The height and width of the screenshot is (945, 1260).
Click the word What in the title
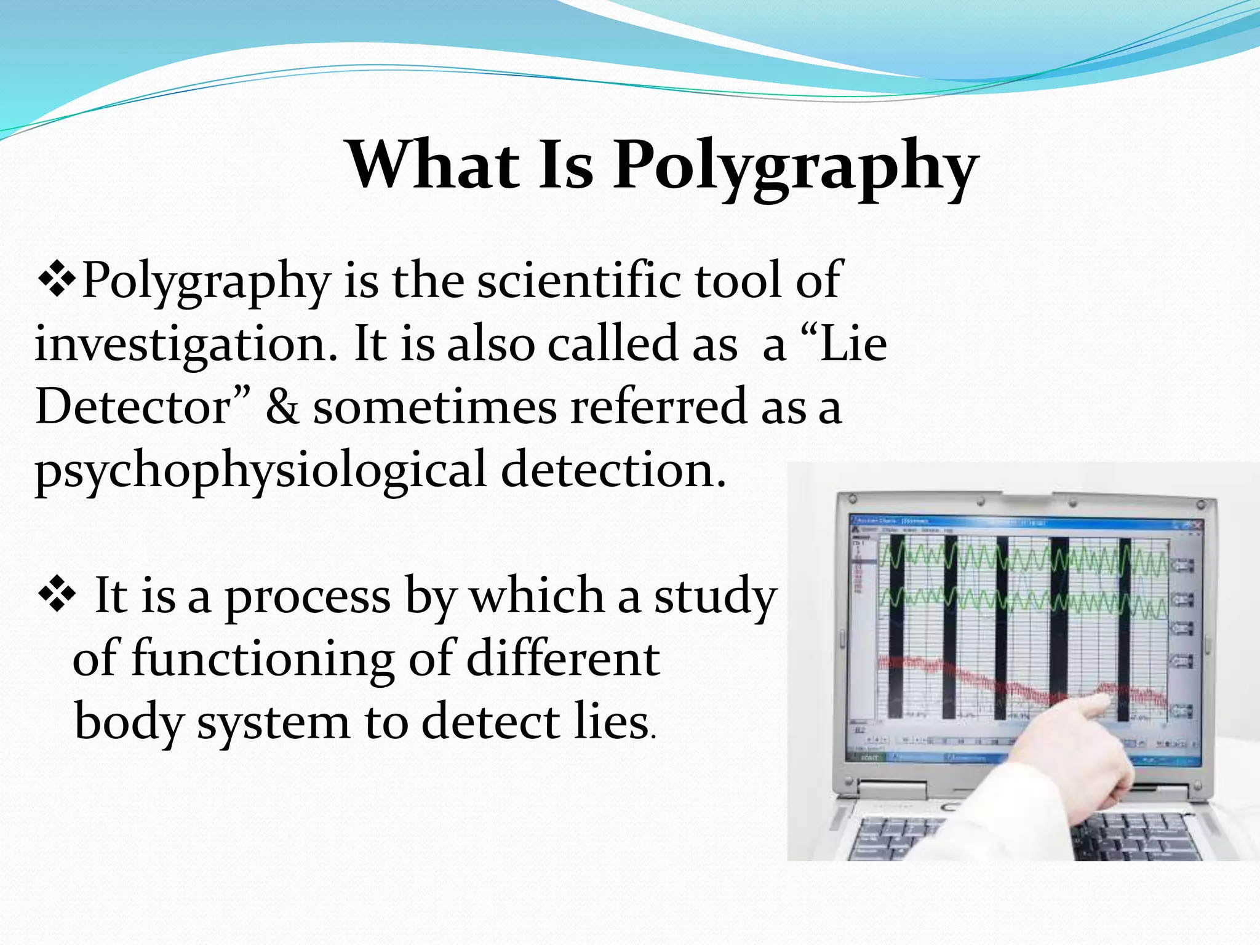point(434,165)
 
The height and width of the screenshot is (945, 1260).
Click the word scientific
point(578,280)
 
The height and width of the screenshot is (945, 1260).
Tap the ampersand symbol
point(282,407)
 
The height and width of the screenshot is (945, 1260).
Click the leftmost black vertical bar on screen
point(896,628)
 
